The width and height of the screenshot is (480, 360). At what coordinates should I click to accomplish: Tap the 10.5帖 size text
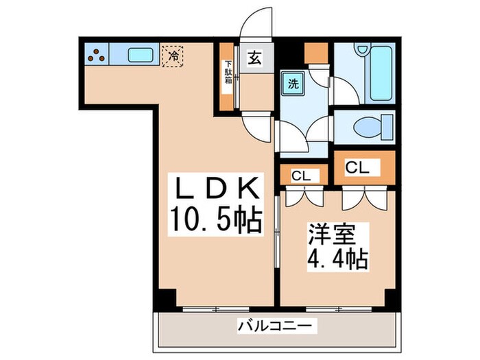click(215, 220)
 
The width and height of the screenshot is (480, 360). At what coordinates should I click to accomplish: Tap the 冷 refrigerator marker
click(173, 55)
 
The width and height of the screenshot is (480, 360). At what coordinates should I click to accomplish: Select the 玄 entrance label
click(254, 59)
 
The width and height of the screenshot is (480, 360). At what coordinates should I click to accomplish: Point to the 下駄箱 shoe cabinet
click(227, 77)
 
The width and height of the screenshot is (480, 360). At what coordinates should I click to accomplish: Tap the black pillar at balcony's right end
click(392, 300)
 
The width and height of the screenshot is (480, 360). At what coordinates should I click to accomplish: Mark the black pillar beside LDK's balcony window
click(165, 299)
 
